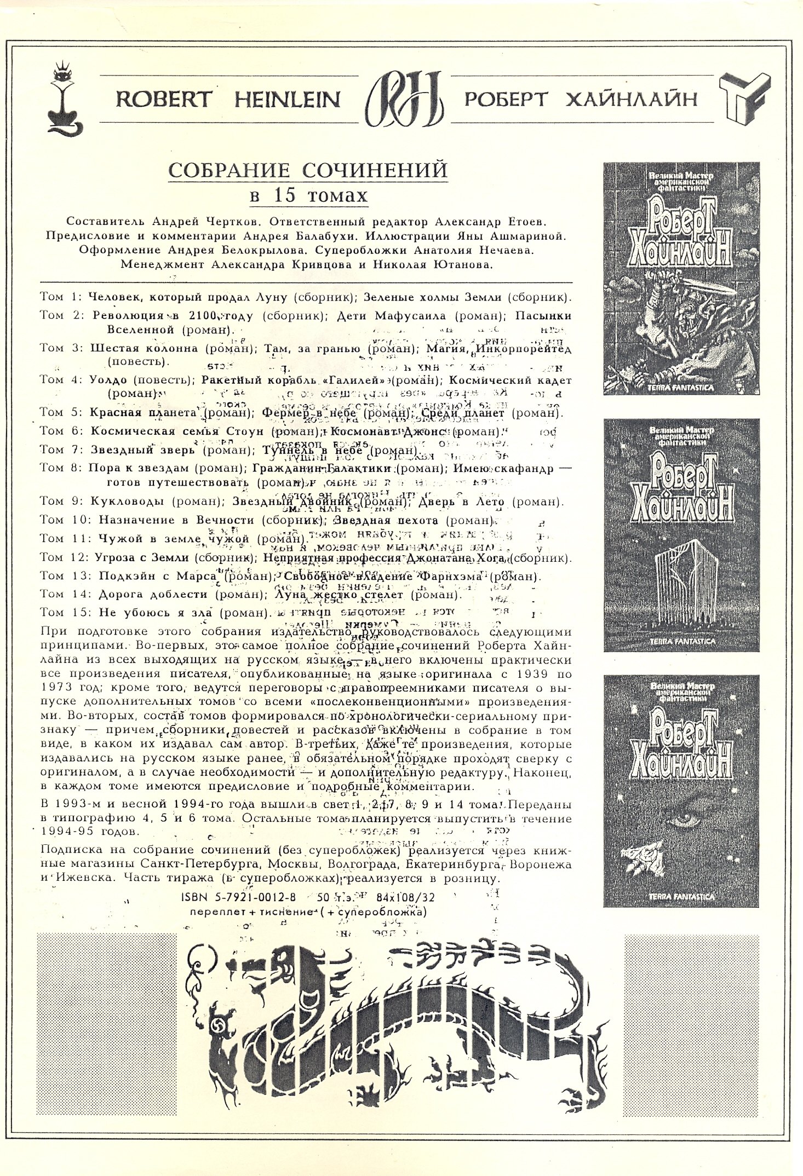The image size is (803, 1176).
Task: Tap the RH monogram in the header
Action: (401, 100)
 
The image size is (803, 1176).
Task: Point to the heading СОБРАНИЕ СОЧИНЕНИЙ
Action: (308, 170)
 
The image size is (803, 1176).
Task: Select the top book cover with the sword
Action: (681, 278)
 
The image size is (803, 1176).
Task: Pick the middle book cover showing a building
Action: (681, 535)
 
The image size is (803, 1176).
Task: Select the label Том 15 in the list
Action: (64, 613)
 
